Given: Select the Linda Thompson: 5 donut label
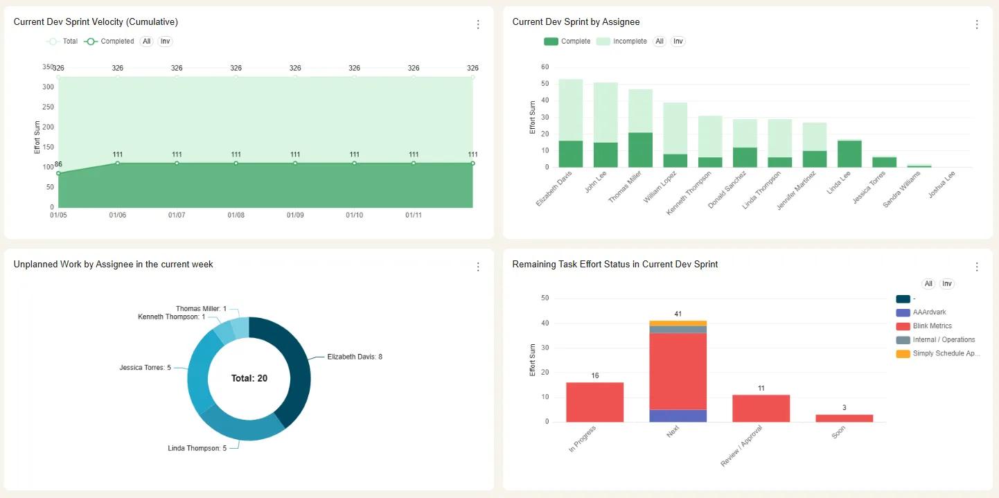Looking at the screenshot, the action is [197, 448].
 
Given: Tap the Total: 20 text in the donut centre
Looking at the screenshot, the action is [249, 378].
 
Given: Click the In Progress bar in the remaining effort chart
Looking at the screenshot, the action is [594, 402].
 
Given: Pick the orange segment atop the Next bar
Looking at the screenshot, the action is [678, 323].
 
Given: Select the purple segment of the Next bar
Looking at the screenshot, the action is [678, 416].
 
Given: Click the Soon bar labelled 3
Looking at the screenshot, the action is [845, 418].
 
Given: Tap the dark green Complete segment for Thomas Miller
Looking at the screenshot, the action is [640, 150].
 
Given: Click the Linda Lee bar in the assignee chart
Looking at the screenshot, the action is [849, 154].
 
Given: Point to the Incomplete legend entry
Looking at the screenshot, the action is [621, 41].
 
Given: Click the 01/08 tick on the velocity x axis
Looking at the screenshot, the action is [236, 215].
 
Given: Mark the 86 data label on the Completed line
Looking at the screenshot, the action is [58, 164].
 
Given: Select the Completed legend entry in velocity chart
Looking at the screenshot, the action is [109, 41].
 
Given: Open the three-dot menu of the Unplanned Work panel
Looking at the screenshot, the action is [478, 267].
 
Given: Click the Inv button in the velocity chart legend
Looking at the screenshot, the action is [165, 41].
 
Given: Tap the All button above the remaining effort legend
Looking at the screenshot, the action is [928, 283].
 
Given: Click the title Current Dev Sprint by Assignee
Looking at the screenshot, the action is [576, 22].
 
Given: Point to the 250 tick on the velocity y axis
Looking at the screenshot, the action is [48, 107].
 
